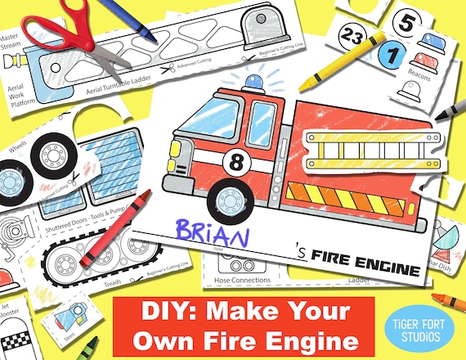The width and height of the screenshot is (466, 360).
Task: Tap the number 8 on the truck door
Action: tap(238, 158)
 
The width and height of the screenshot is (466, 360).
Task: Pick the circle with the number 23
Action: tap(353, 35)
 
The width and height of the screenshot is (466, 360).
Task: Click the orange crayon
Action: tap(446, 295)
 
